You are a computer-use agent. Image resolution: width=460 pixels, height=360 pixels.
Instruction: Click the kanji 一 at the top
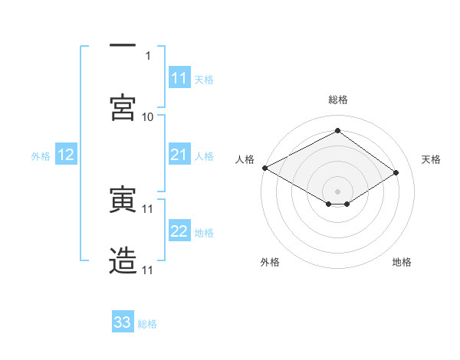click(x=123, y=46)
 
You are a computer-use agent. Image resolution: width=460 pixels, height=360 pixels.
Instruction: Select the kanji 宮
click(x=123, y=107)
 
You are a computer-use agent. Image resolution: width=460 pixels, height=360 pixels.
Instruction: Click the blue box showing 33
click(x=123, y=322)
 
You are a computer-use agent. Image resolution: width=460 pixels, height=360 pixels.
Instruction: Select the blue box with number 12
click(x=66, y=155)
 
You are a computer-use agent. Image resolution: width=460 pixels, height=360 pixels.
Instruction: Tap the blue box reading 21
click(x=179, y=155)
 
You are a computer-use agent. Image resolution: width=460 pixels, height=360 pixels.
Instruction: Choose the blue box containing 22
click(x=179, y=232)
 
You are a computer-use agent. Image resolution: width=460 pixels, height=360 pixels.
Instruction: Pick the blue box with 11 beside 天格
click(x=179, y=78)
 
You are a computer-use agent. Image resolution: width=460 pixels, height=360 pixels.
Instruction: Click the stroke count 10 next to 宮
click(x=148, y=116)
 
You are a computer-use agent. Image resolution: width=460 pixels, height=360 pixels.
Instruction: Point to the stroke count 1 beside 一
click(x=148, y=55)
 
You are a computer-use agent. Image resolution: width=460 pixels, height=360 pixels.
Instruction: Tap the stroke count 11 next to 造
click(x=148, y=270)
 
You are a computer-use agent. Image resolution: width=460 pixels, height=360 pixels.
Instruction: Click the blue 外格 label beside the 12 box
click(x=41, y=156)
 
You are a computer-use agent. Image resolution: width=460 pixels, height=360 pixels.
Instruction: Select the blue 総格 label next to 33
click(x=147, y=324)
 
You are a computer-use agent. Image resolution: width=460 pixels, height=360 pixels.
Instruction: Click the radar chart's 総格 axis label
click(x=338, y=100)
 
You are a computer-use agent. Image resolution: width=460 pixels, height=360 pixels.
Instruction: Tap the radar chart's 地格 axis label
click(x=402, y=262)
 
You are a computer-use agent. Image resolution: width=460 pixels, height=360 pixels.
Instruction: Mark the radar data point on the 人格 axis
click(x=264, y=168)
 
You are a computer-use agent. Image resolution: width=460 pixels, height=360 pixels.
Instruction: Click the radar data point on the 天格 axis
click(x=396, y=173)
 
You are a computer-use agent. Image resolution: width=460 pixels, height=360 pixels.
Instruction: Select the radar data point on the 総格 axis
click(x=337, y=130)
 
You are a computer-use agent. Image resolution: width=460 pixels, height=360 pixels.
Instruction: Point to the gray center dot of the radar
click(x=337, y=191)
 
